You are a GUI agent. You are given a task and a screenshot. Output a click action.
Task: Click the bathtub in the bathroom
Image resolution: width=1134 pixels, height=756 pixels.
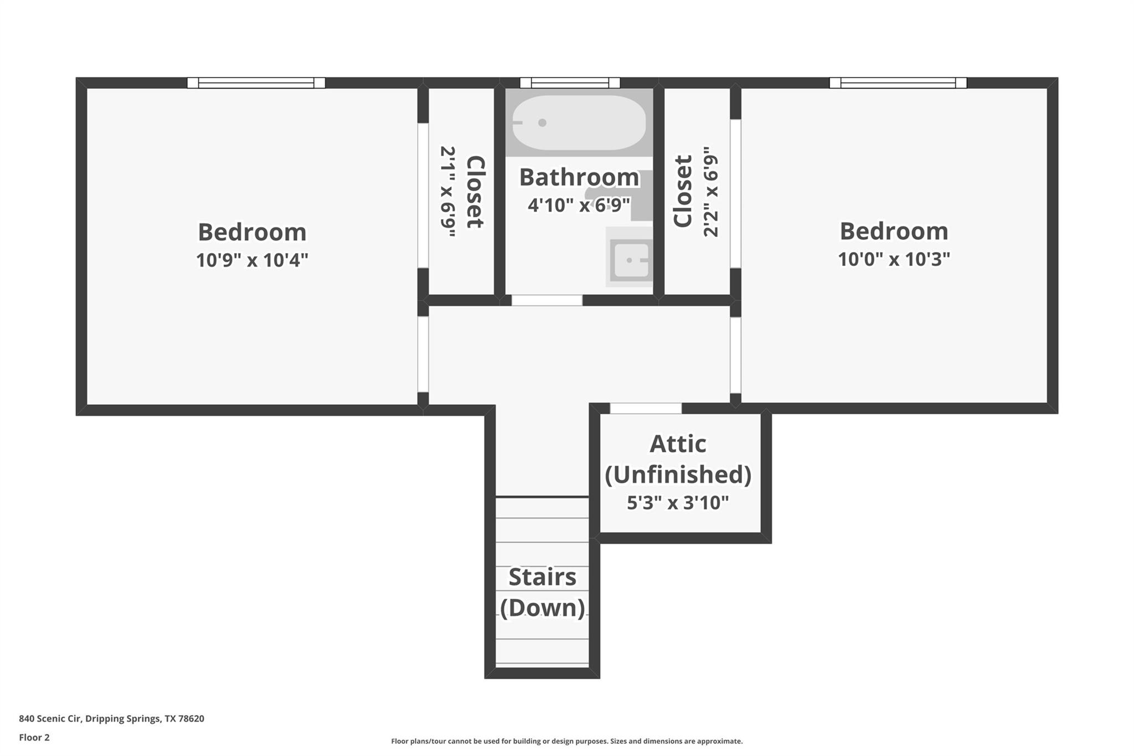click(579, 123)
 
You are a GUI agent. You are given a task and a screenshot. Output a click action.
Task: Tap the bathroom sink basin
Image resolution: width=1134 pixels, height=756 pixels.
click(631, 260)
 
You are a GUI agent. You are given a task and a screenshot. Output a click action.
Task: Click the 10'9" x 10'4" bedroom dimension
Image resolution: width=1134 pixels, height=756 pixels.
click(252, 260)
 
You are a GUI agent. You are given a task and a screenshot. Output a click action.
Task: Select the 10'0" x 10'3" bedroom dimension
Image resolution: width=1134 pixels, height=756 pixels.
click(894, 259)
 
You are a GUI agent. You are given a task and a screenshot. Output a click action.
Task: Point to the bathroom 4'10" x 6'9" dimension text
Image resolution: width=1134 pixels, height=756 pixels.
click(579, 205)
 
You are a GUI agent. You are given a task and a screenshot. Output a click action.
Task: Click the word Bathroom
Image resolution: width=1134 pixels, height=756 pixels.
click(579, 177)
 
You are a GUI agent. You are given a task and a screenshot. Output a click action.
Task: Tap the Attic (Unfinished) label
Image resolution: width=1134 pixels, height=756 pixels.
click(678, 459)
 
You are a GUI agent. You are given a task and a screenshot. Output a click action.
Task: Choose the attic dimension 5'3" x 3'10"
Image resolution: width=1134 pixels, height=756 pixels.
click(678, 503)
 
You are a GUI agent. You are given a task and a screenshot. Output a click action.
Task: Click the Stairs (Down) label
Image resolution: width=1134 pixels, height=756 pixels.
click(542, 593)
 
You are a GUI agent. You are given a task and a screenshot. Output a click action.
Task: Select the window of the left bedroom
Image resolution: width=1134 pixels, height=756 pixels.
click(256, 83)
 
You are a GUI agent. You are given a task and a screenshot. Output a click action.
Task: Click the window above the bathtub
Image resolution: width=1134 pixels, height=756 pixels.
click(570, 83)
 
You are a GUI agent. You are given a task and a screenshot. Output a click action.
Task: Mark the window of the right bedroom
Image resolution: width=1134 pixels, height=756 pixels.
click(898, 83)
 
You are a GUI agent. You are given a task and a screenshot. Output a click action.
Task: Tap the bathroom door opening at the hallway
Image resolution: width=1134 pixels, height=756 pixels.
click(547, 300)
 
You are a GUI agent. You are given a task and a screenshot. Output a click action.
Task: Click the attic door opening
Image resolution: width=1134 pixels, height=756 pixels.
click(646, 409)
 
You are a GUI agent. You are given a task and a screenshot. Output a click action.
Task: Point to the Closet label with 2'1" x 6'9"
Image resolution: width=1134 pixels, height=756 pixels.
click(475, 192)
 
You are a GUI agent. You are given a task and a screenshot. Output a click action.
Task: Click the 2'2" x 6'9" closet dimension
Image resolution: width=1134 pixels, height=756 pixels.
click(711, 192)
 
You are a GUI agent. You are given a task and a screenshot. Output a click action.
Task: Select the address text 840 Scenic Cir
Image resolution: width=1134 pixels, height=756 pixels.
click(111, 719)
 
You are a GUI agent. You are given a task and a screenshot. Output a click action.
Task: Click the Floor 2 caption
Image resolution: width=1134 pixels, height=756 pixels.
click(34, 738)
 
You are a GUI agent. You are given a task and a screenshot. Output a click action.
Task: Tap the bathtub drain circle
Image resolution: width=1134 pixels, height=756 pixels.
click(542, 123)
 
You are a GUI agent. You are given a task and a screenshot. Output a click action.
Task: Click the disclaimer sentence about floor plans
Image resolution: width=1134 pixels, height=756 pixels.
click(566, 741)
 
